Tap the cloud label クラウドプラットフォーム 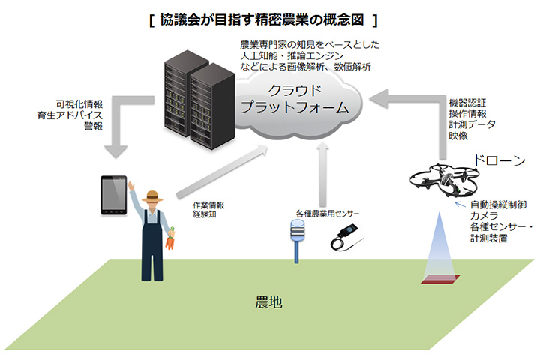coord(295,99)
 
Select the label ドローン coord(497,160)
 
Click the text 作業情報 coord(208,204)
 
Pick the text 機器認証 coord(467,102)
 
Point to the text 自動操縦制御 coord(496,203)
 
